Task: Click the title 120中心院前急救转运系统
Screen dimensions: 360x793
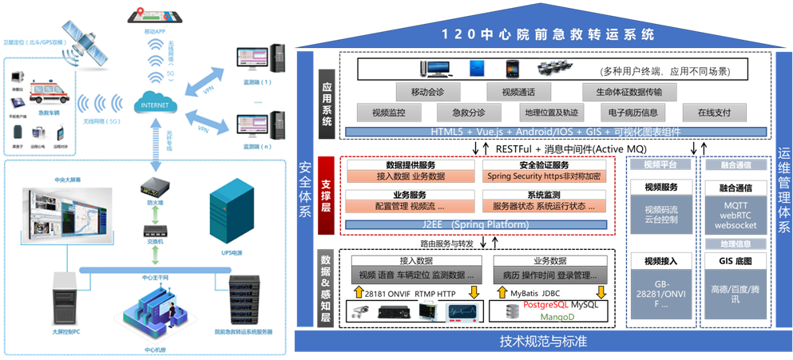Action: [548, 34]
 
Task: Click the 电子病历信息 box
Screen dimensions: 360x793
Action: [632, 113]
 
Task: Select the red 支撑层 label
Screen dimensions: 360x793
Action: [327, 195]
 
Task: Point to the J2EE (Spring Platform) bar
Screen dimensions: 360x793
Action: [478, 224]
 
